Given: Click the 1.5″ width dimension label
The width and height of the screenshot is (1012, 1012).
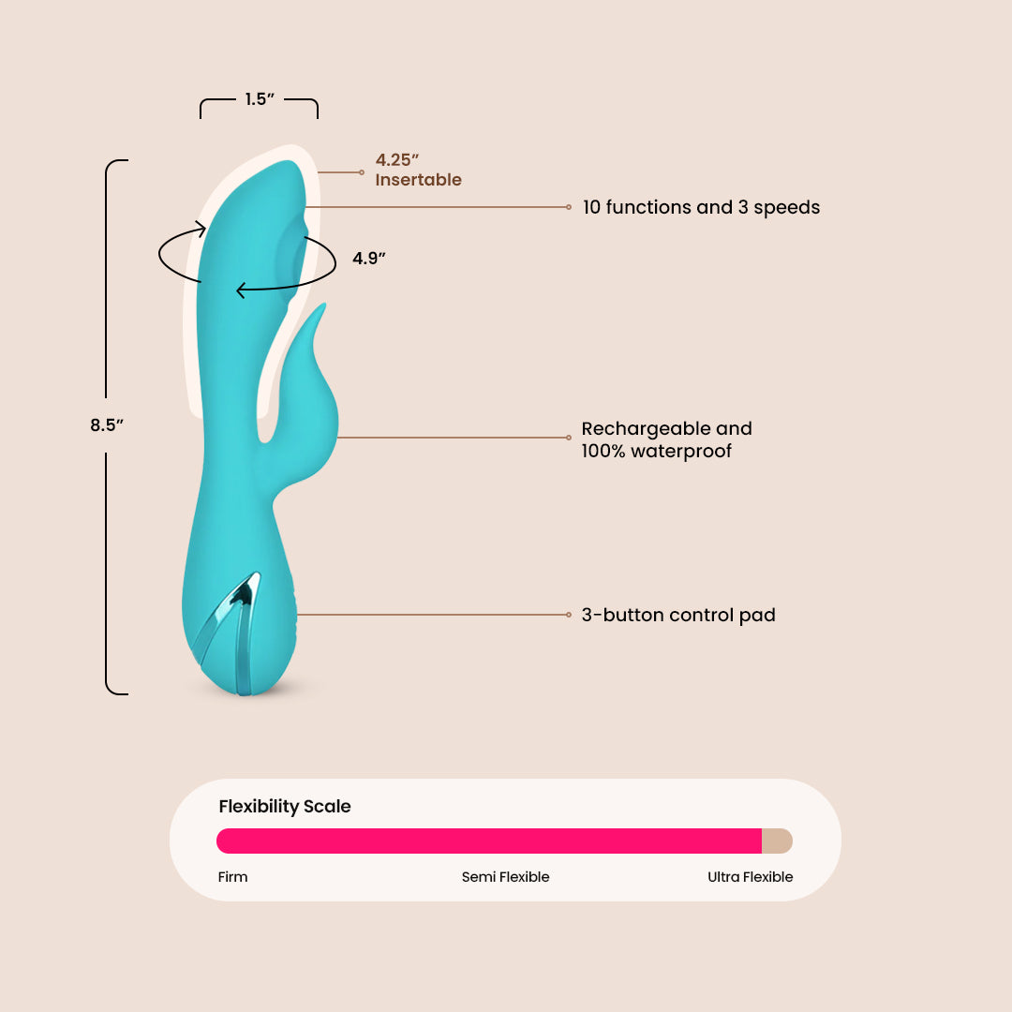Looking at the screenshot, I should (259, 99).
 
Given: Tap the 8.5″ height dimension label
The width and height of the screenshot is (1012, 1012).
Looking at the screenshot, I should (107, 424).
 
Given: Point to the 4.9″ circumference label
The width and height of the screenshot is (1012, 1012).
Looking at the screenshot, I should (369, 259).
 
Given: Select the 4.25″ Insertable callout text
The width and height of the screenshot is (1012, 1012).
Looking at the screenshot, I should (418, 170).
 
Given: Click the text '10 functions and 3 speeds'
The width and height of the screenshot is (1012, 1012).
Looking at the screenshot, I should (701, 207).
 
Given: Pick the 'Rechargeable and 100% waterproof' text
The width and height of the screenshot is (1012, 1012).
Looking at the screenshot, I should (666, 439).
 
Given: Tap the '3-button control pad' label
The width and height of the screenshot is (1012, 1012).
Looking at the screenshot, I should (678, 616).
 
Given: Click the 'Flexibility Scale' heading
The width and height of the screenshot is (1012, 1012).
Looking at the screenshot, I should (285, 807).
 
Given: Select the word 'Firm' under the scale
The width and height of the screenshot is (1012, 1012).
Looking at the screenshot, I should (233, 877).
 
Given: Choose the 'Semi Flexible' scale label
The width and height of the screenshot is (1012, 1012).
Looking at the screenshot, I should (505, 877).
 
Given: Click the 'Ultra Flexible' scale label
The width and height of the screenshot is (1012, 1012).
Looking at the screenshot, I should (750, 877).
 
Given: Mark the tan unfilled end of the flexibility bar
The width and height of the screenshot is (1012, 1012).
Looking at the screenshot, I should (778, 841).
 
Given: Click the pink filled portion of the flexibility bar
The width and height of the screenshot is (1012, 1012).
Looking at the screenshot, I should (487, 841).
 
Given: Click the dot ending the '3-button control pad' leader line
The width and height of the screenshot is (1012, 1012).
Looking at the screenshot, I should (569, 615).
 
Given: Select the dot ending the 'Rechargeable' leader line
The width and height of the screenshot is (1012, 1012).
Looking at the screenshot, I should (569, 438).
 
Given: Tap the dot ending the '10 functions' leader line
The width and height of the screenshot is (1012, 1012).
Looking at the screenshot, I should (569, 206).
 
